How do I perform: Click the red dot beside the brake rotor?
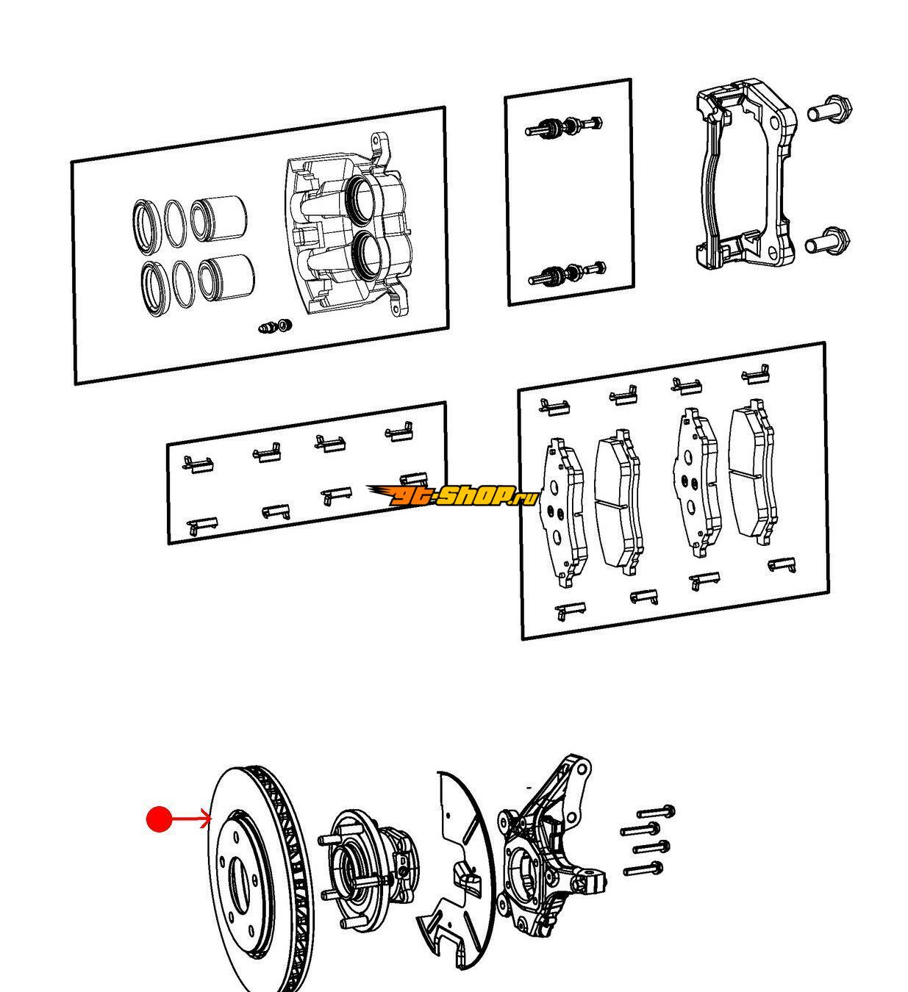point(159,819)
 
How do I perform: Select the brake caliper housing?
point(346,235)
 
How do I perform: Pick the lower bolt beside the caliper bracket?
point(828,242)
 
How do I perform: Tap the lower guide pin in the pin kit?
point(567,274)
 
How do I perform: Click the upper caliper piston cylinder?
point(218,218)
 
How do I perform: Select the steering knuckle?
point(548,852)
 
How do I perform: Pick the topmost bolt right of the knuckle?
point(657,812)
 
